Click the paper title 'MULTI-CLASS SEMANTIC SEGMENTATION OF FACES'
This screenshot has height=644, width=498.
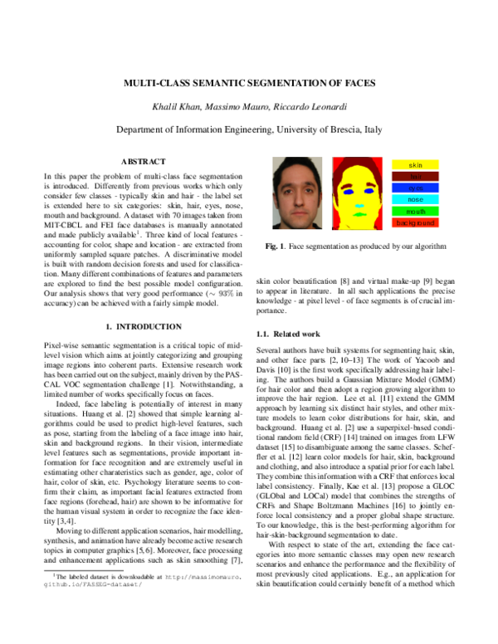pos(249,84)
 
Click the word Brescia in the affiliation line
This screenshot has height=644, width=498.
pos(336,130)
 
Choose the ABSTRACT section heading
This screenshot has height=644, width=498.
pos(144,161)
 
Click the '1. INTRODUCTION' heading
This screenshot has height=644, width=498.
pos(144,327)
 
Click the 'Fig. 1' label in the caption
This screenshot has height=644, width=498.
pos(275,247)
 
